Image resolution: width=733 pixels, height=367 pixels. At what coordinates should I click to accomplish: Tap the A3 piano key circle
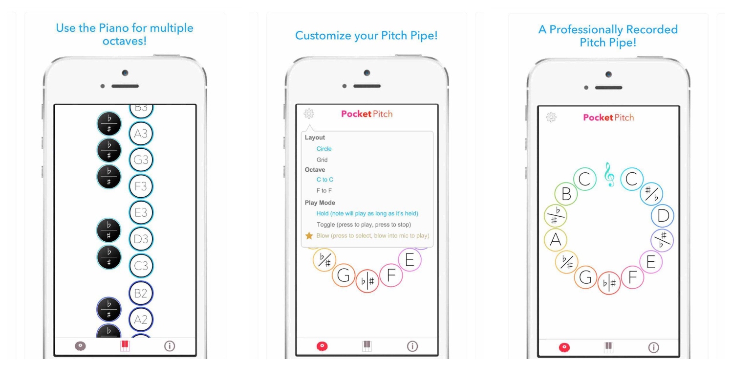141,134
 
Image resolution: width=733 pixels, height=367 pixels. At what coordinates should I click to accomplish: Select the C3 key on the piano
141,266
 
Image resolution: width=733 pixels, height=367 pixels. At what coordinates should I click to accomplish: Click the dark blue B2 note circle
141,293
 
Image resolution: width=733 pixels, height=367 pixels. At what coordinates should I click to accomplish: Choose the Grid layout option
322,160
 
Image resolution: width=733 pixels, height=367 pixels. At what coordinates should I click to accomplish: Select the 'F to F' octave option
324,191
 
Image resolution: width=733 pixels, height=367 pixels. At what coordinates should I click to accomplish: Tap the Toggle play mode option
364,225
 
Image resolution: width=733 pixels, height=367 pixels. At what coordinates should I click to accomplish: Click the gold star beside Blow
309,235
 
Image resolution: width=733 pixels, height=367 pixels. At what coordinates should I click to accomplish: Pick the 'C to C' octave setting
324,180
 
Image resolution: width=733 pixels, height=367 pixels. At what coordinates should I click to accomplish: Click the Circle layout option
324,149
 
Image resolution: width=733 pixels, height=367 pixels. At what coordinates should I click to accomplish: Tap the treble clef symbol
609,175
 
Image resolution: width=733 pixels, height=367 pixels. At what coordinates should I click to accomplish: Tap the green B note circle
566,194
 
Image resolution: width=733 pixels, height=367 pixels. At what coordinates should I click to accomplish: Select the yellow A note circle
556,240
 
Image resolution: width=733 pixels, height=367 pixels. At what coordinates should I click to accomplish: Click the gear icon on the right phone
551,117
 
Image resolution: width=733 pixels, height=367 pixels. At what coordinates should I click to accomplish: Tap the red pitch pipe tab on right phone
564,347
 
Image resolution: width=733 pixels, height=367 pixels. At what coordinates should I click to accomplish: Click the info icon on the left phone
170,346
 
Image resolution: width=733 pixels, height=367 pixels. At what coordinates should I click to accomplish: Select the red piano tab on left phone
125,345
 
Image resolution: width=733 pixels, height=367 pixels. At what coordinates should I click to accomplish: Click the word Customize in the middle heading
323,35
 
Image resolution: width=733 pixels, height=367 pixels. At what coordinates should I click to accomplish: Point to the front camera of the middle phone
367,73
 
